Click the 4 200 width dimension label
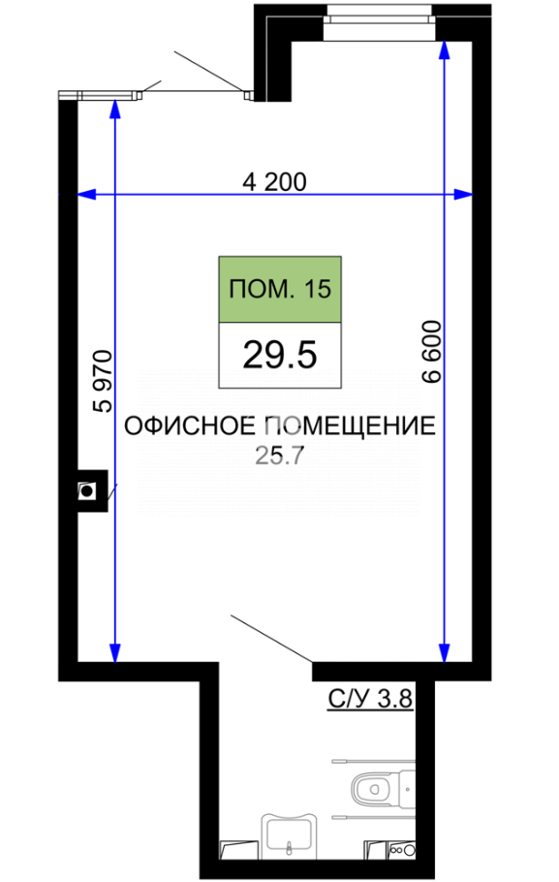pyautogui.click(x=274, y=182)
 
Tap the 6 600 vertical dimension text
pyautogui.click(x=432, y=352)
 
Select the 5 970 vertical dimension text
pyautogui.click(x=104, y=381)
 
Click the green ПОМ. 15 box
pyautogui.click(x=280, y=290)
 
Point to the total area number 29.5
pyautogui.click(x=280, y=356)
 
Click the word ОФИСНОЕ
pyautogui.click(x=190, y=425)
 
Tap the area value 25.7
pyautogui.click(x=279, y=456)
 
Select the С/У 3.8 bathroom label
pyautogui.click(x=371, y=699)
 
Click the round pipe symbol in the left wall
pyautogui.click(x=87, y=491)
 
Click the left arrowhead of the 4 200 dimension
pyautogui.click(x=85, y=195)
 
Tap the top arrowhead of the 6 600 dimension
pyautogui.click(x=445, y=50)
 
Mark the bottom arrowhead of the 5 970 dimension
pyautogui.click(x=115, y=653)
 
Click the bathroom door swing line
pyautogui.click(x=271, y=639)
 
